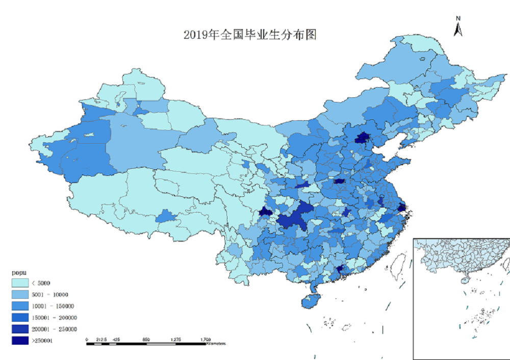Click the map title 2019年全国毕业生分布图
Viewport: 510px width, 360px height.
click(x=250, y=35)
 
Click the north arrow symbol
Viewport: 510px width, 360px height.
click(x=458, y=27)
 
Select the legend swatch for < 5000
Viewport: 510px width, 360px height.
click(x=20, y=282)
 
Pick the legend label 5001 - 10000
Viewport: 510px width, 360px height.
click(x=50, y=294)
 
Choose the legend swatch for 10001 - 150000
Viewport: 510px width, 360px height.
click(x=20, y=306)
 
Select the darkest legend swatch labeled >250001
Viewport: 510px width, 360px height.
click(x=20, y=340)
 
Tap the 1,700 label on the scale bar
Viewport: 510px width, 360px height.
click(x=206, y=339)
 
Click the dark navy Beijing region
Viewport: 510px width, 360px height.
click(x=363, y=137)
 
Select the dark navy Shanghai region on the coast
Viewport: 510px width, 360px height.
click(x=401, y=208)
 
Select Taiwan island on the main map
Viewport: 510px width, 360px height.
click(x=396, y=264)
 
